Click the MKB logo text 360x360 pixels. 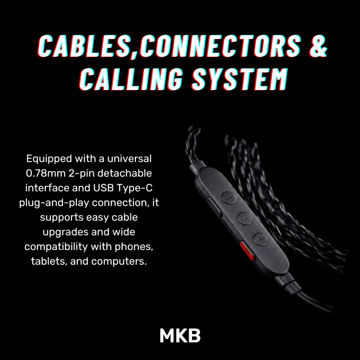point(180,336)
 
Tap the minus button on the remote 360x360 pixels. point(229,198)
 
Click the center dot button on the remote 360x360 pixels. point(245,218)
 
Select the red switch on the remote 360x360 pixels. point(247,251)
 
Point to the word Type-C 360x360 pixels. point(134,188)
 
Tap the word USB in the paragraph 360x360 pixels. point(103,188)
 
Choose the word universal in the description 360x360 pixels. point(129,159)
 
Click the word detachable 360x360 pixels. point(125,173)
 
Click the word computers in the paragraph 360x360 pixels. point(119,262)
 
